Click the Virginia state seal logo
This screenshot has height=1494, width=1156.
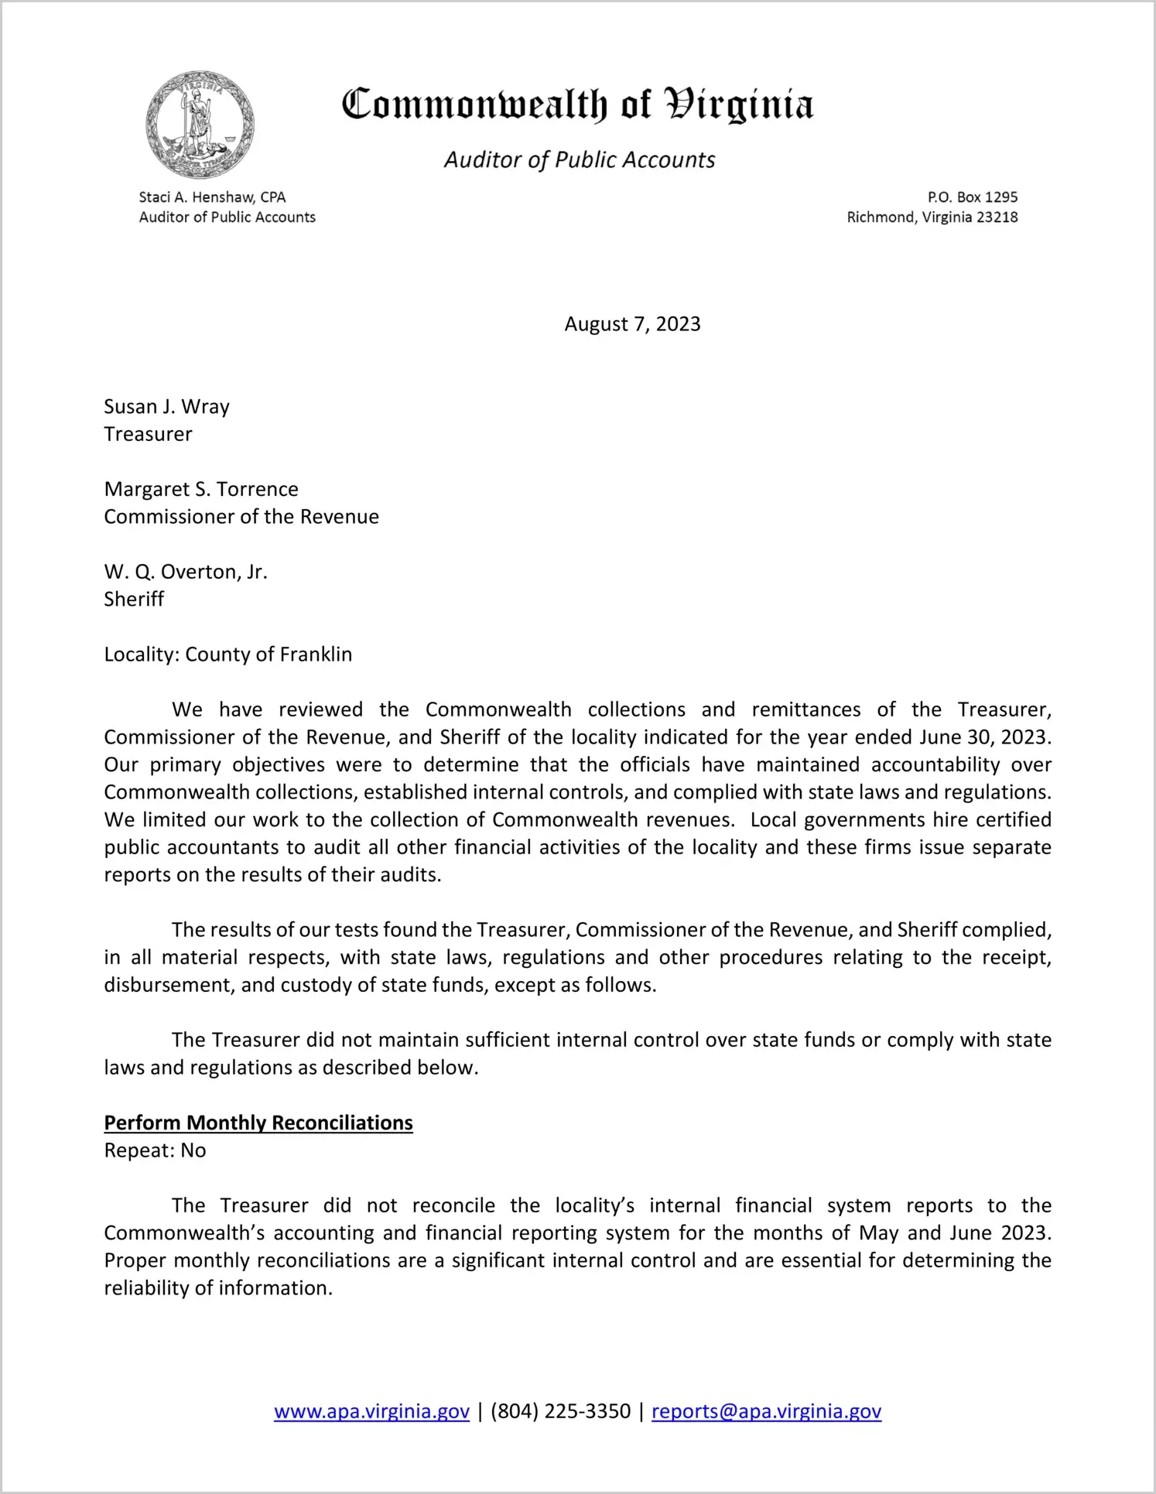[200, 125]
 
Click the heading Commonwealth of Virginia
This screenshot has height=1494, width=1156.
[577, 104]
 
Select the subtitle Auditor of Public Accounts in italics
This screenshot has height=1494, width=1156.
[579, 159]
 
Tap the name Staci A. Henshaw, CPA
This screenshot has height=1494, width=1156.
[212, 197]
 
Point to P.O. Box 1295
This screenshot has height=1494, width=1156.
[972, 197]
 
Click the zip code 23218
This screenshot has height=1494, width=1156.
[997, 217]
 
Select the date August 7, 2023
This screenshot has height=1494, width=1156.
[632, 324]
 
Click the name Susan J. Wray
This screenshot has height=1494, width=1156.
[167, 407]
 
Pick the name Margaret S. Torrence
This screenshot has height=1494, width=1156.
[201, 489]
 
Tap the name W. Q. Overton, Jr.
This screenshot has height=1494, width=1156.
[186, 572]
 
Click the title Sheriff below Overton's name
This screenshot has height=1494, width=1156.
[134, 600]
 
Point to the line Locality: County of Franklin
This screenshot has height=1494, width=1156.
[228, 655]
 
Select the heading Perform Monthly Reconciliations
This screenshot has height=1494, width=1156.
[258, 1123]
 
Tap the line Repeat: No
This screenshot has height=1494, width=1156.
[155, 1150]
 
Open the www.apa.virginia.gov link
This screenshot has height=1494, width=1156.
[371, 1411]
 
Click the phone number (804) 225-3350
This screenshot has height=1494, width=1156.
[560, 1411]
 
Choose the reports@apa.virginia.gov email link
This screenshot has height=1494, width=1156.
[766, 1411]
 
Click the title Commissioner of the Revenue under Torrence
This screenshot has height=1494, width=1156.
[241, 517]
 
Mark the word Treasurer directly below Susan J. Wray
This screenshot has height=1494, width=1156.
[148, 435]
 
